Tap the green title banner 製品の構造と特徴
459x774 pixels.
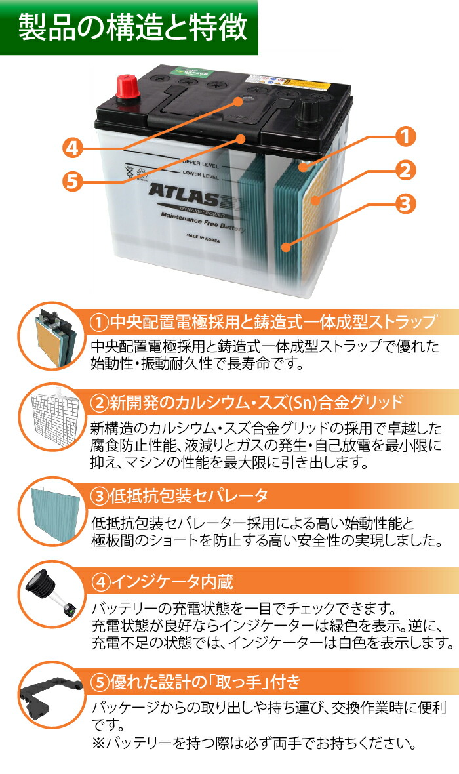pyautogui.click(x=132, y=28)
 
